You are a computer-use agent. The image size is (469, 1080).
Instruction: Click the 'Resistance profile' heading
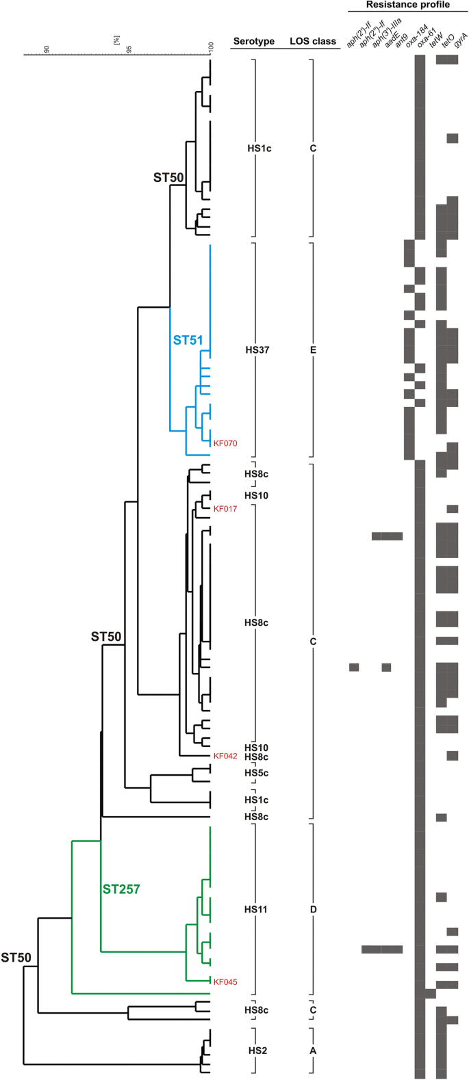click(x=407, y=5)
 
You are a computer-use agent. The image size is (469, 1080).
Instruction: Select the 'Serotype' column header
click(x=253, y=41)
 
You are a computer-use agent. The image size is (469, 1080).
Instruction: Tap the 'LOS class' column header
click(x=313, y=41)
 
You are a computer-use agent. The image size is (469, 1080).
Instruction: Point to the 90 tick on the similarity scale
click(x=47, y=49)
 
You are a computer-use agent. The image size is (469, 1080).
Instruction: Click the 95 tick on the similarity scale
click(x=129, y=49)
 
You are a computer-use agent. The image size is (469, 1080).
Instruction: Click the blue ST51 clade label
click(x=188, y=340)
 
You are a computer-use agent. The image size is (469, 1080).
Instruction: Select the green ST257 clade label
click(x=121, y=889)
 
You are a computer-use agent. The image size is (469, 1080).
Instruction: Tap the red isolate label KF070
click(x=225, y=444)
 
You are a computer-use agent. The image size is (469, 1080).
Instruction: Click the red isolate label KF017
click(x=225, y=509)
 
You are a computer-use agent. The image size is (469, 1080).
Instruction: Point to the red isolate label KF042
click(x=225, y=756)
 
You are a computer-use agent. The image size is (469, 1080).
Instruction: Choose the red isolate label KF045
click(x=225, y=982)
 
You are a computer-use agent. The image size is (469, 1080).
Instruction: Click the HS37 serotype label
click(x=257, y=350)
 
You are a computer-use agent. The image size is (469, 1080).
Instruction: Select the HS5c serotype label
click(x=257, y=774)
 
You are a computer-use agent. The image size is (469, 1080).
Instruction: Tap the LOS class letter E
click(x=313, y=350)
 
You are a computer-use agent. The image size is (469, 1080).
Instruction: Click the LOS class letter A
click(x=313, y=1051)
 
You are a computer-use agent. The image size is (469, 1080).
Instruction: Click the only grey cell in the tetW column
click(x=430, y=993)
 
